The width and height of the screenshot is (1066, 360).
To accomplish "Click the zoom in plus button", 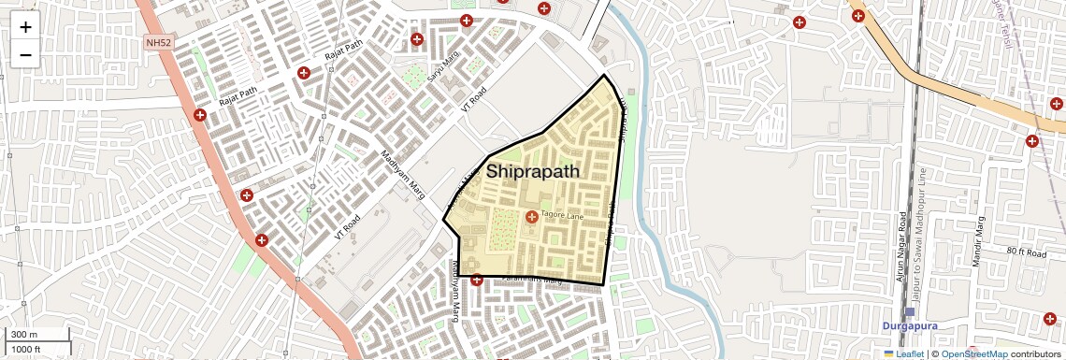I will tap(25, 27).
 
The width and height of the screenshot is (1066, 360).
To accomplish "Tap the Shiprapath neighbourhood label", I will tap(532, 172).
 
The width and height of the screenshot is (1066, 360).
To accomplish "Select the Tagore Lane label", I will tap(562, 217).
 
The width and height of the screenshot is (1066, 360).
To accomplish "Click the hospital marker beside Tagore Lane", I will tap(532, 217).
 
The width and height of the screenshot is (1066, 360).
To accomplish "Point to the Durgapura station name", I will tap(910, 326).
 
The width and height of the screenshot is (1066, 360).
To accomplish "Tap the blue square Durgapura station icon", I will tap(910, 311).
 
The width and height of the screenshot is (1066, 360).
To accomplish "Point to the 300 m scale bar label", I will tap(25, 335).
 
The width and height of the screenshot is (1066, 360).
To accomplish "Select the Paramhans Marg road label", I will tap(530, 280).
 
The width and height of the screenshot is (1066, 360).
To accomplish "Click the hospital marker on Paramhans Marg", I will tap(476, 279).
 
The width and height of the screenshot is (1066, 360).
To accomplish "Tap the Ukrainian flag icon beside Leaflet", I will tap(889, 353).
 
